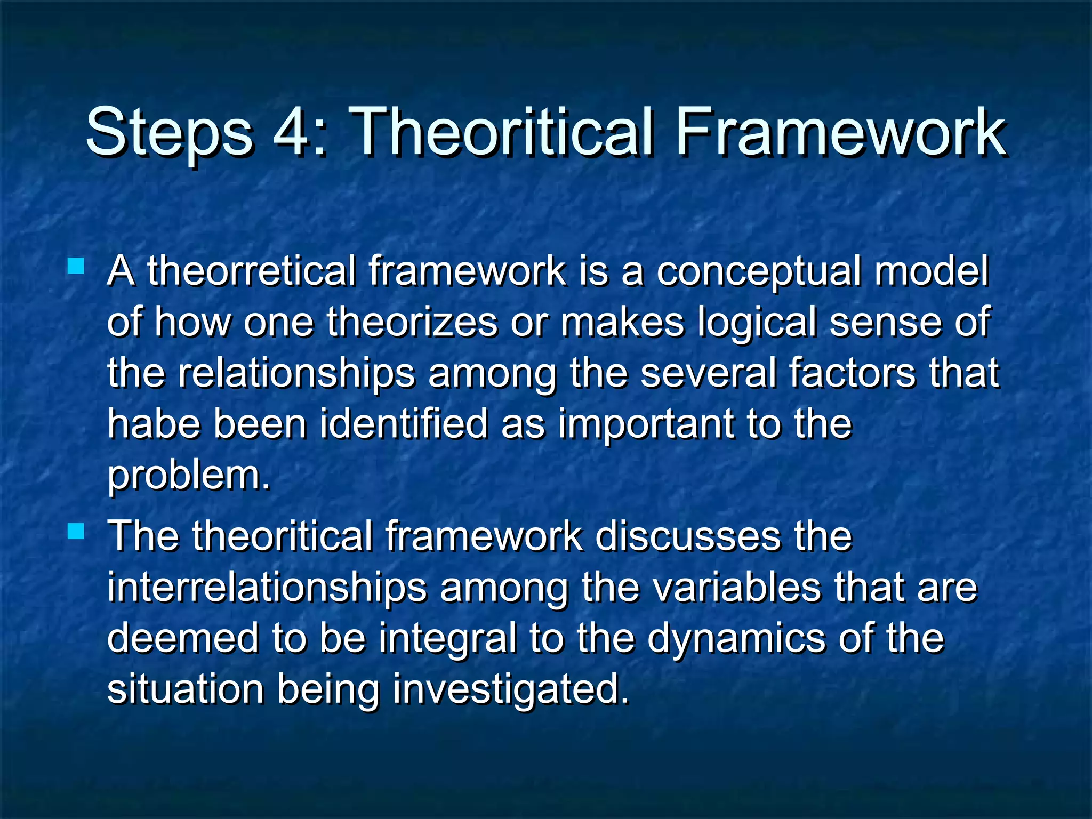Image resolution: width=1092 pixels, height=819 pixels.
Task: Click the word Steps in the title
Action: (x=169, y=132)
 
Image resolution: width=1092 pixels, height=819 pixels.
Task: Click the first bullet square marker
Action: (x=76, y=266)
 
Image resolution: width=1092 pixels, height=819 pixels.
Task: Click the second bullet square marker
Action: (x=76, y=531)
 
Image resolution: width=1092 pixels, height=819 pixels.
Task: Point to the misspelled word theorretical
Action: (x=251, y=271)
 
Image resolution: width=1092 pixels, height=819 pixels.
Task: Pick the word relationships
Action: (x=296, y=373)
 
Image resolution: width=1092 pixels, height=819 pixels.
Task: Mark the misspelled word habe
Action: (x=153, y=423)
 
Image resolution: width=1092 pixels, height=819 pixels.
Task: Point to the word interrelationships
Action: (x=267, y=587)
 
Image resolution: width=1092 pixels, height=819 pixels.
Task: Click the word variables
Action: (x=736, y=587)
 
